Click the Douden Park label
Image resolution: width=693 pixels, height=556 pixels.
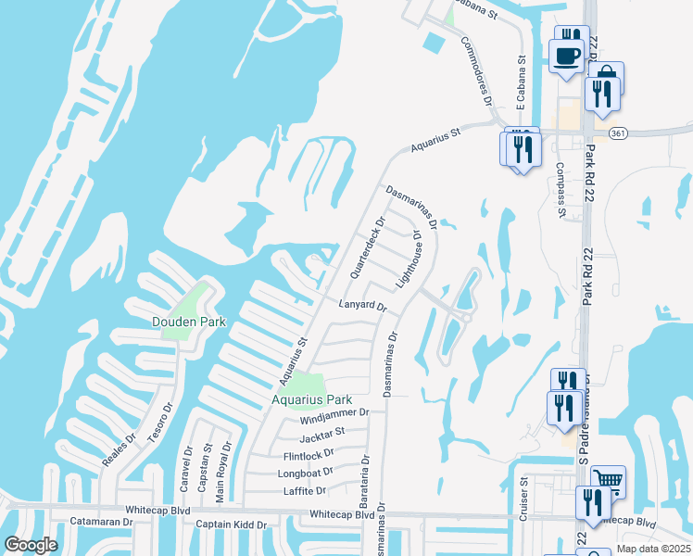pyautogui.click(x=189, y=322)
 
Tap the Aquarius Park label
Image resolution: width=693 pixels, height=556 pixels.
pyautogui.click(x=298, y=399)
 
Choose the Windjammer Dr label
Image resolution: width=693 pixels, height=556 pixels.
pyautogui.click(x=334, y=414)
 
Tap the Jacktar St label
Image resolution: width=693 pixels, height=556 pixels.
pyautogui.click(x=321, y=431)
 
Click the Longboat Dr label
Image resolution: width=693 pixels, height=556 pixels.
pyautogui.click(x=305, y=473)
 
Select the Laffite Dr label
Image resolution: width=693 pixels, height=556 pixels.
pyautogui.click(x=308, y=490)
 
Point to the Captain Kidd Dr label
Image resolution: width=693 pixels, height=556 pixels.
pyautogui.click(x=231, y=524)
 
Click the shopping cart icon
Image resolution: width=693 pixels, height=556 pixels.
pyautogui.click(x=608, y=480)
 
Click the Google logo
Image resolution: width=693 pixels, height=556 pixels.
pyautogui.click(x=31, y=544)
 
